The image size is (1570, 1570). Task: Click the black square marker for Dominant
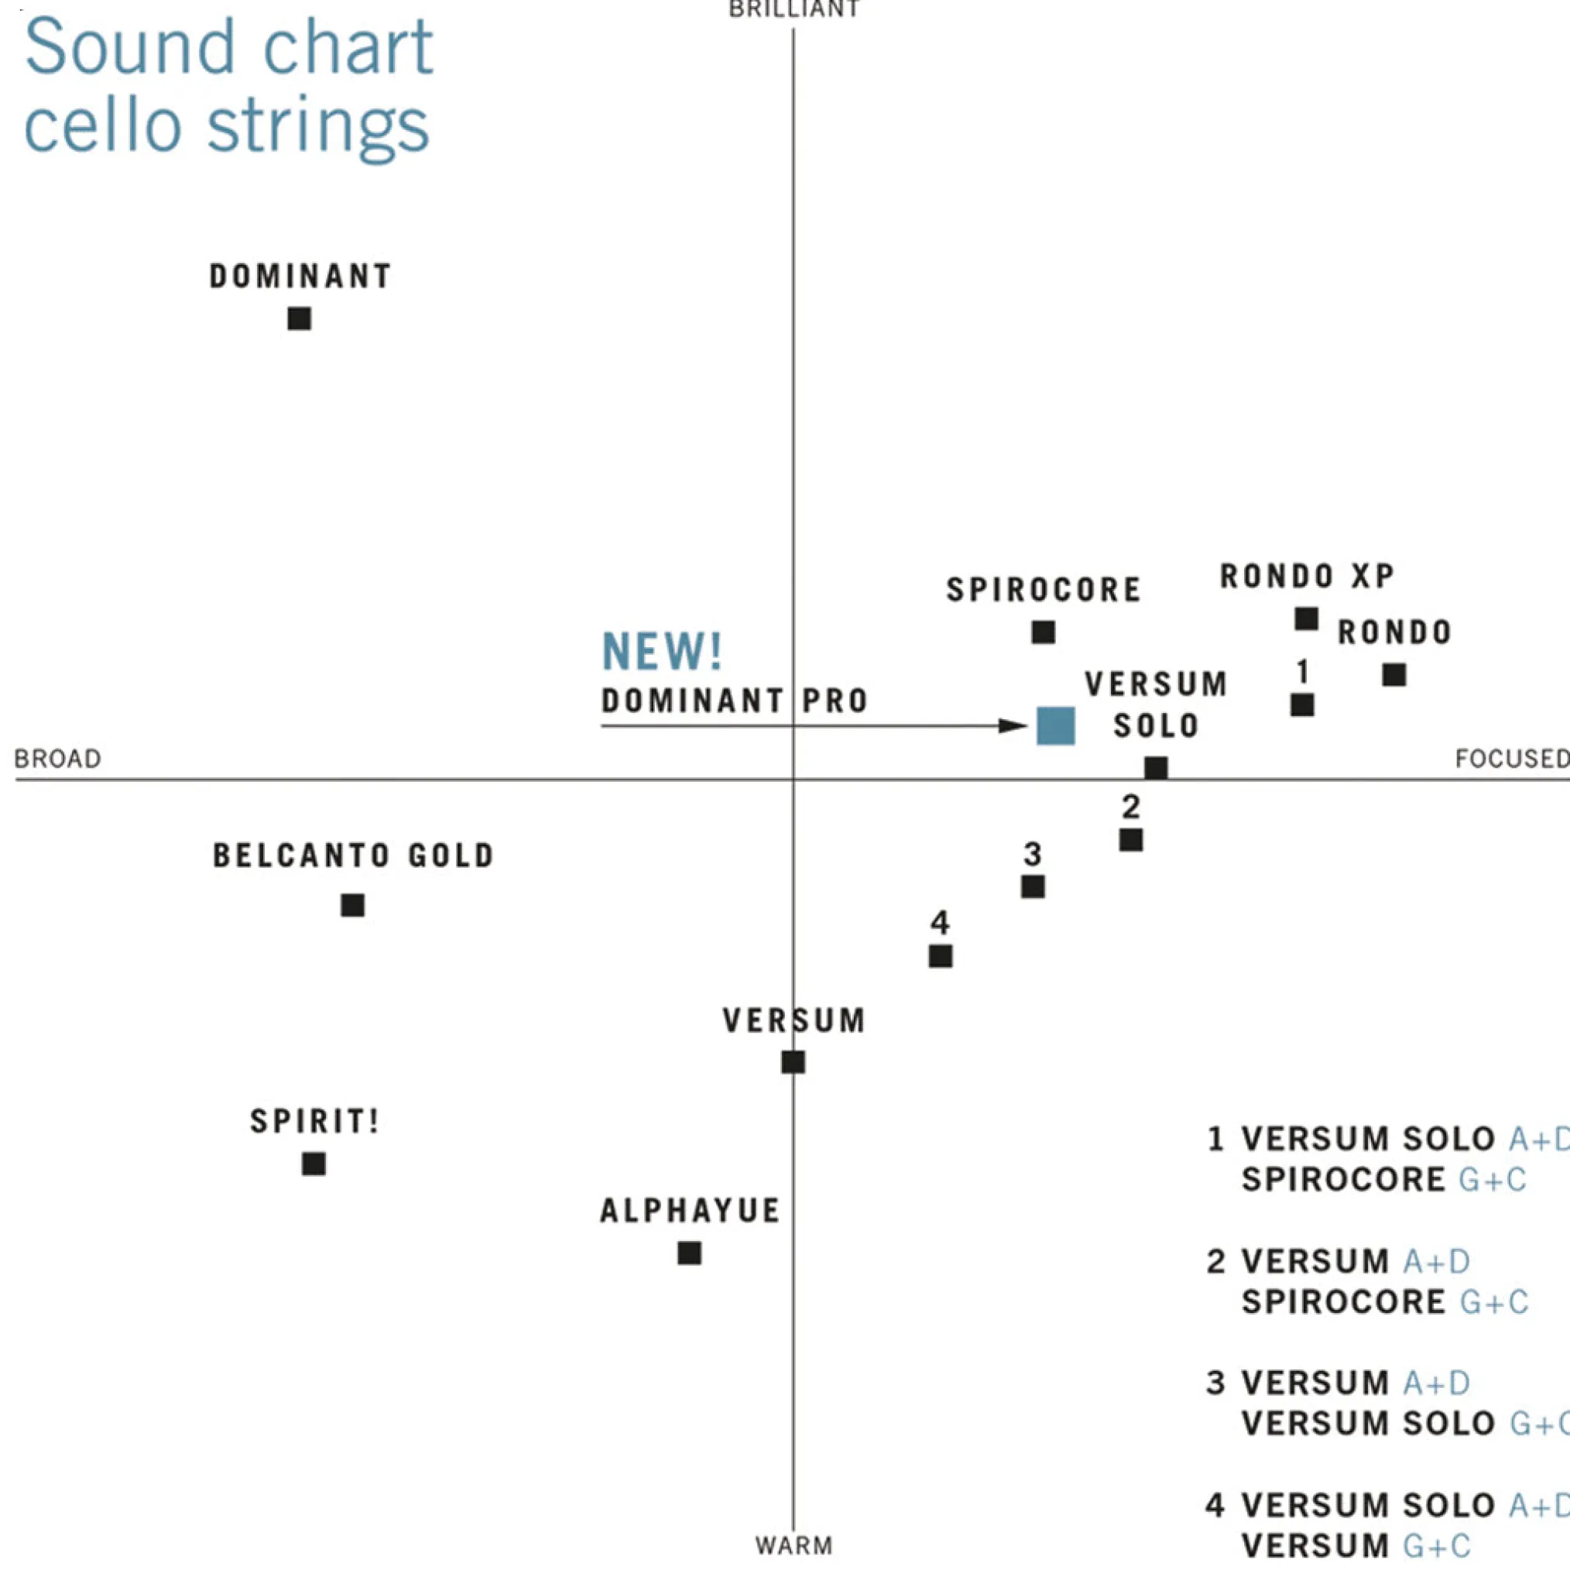coord(299,318)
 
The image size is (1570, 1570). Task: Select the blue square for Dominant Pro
coord(1056,725)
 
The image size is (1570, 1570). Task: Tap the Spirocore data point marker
coord(1044,632)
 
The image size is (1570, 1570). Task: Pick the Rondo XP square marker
coord(1307,619)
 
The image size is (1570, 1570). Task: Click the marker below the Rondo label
coord(1394,674)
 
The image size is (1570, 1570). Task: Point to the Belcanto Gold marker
coord(353,904)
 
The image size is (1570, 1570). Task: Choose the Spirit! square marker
coord(314,1164)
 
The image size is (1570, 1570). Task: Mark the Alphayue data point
coord(690,1253)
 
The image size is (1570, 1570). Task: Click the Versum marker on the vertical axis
coord(793,1062)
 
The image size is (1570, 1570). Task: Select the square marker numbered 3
coord(1033,886)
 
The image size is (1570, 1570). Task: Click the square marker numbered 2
coord(1131,839)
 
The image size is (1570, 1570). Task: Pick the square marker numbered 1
coord(1303,704)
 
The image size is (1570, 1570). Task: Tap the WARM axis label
coord(794,1546)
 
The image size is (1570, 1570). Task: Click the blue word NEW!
coord(662,652)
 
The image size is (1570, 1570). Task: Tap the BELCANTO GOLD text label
coord(354,855)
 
